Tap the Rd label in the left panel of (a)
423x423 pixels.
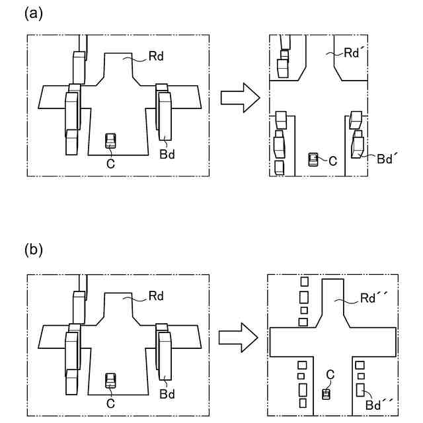pos(157,56)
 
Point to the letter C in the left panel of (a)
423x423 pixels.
pos(110,163)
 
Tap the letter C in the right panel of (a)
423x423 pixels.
pos(333,160)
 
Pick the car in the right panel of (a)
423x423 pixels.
pos(315,159)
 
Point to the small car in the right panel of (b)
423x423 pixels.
pos(326,394)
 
